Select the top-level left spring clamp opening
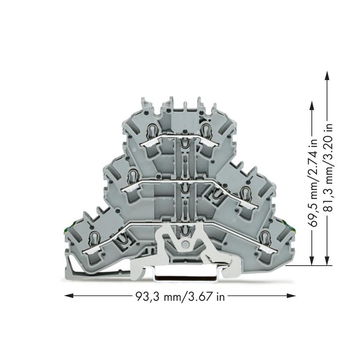[x=152, y=130]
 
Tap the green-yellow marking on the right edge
[x=286, y=224]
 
